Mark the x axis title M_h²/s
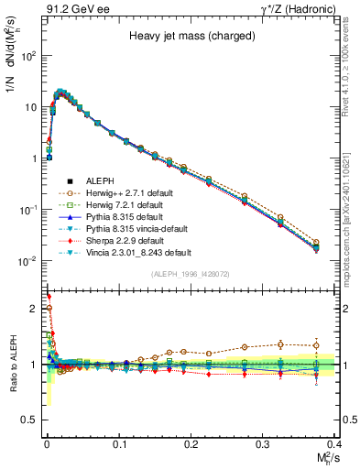(x=325, y=458)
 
